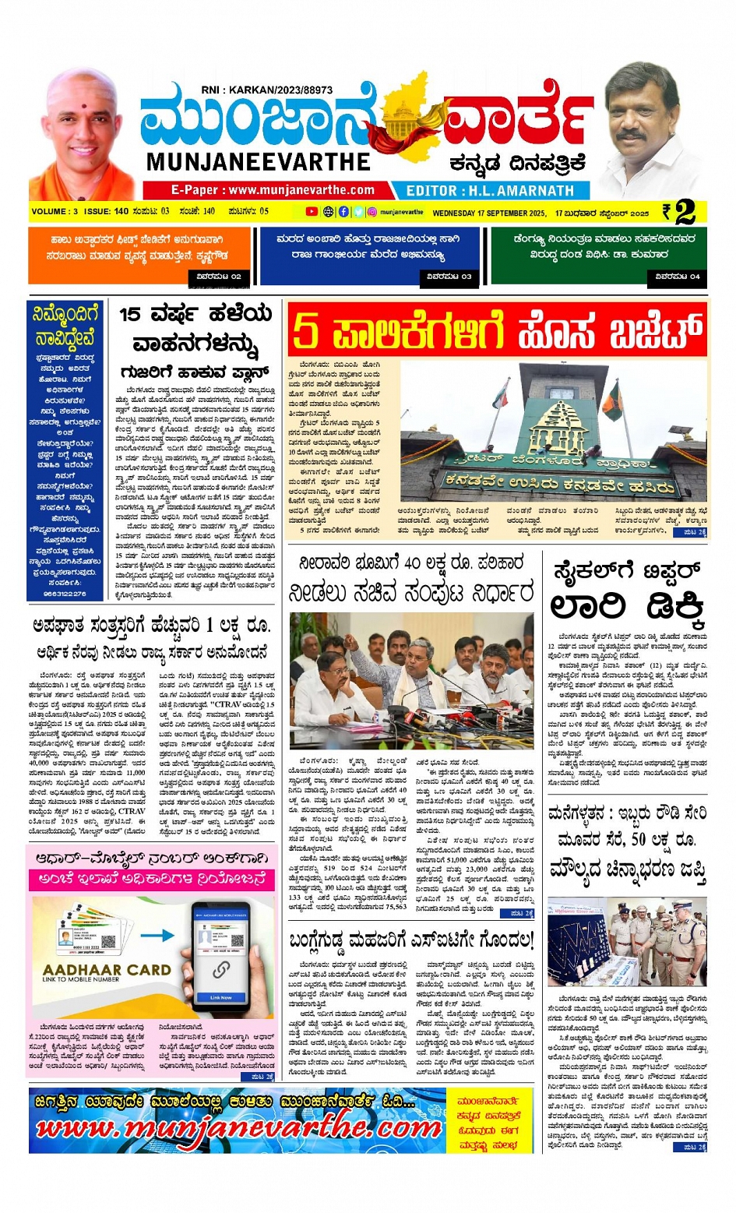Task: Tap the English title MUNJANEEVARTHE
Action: tap(259, 161)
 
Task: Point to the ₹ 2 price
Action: tap(680, 212)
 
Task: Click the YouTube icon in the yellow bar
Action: tap(312, 212)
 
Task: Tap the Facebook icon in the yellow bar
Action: tap(343, 212)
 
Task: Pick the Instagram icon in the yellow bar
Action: tap(372, 212)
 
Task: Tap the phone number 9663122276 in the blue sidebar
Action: tap(65, 594)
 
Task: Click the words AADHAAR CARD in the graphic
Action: tap(107, 970)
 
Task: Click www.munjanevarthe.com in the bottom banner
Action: tap(238, 1128)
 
